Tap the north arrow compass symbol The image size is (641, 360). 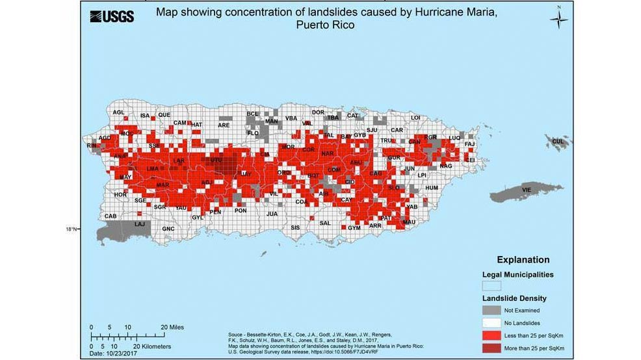[x=558, y=19]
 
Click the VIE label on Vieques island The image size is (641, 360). [x=527, y=190]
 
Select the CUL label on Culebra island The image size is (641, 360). [x=558, y=141]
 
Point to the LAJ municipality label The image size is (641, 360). [x=140, y=224]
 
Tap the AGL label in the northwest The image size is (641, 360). [x=118, y=112]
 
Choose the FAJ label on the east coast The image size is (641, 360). [x=470, y=144]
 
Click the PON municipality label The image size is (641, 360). [x=241, y=211]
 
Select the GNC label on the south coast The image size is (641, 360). [x=168, y=229]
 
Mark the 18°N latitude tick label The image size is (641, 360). [x=71, y=229]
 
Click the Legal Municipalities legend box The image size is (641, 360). [x=491, y=285]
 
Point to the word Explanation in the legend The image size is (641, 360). [x=523, y=260]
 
